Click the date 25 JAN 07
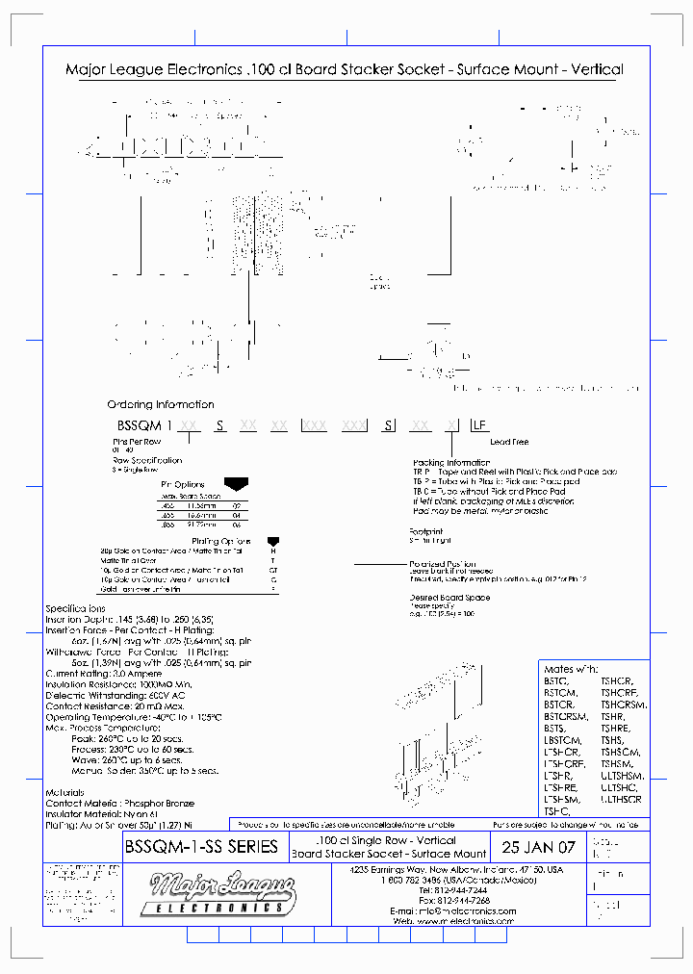pos(539,848)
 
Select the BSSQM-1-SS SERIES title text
pos(201,847)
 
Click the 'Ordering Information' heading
pos(161,404)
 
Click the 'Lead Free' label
pos(509,442)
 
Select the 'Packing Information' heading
pos(450,463)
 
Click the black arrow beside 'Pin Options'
pos(234,484)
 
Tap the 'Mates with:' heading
pos(571,669)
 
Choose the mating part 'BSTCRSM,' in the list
pos(565,715)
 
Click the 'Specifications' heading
pos(76,609)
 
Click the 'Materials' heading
pos(64,792)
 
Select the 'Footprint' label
pos(425,530)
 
